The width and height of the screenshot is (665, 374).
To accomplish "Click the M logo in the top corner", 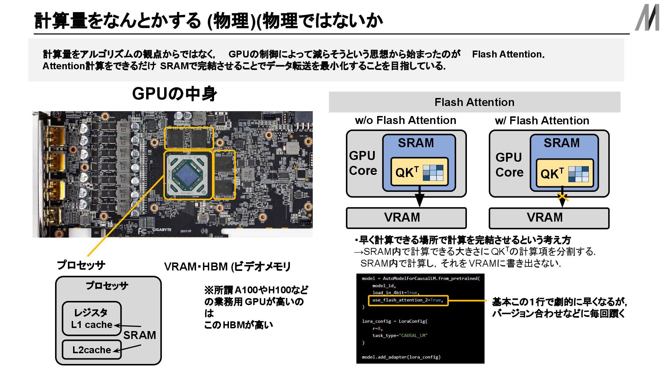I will tap(647, 18).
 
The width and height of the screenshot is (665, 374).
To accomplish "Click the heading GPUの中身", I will tap(175, 93).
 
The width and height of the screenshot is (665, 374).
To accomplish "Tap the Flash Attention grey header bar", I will tap(474, 102).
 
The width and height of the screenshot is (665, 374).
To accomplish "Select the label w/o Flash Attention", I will tap(405, 120).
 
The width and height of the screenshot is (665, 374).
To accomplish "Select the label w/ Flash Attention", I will tap(542, 121).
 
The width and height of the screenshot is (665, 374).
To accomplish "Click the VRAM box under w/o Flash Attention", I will tap(406, 218).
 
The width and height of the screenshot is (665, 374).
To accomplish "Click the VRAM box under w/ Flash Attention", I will tap(549, 218).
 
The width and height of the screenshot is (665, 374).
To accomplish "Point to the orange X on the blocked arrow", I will tap(562, 197).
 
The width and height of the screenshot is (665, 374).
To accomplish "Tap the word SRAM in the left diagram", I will tap(416, 143).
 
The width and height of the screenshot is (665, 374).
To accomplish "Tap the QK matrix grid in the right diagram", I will tap(578, 174).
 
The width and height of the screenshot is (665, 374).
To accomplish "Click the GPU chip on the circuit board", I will tap(188, 176).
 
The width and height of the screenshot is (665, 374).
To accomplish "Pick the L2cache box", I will tap(92, 350).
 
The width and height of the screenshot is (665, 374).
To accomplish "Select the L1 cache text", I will tap(92, 324).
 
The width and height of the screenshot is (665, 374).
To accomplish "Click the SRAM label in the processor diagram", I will tap(140, 335).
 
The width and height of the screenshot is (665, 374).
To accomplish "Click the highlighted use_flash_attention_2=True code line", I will tap(408, 300).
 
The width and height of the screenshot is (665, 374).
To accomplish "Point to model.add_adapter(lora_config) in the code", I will tap(401, 357).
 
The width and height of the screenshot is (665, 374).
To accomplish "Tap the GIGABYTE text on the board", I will tap(162, 230).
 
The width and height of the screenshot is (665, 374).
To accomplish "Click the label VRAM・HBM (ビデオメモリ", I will tap(227, 267).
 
